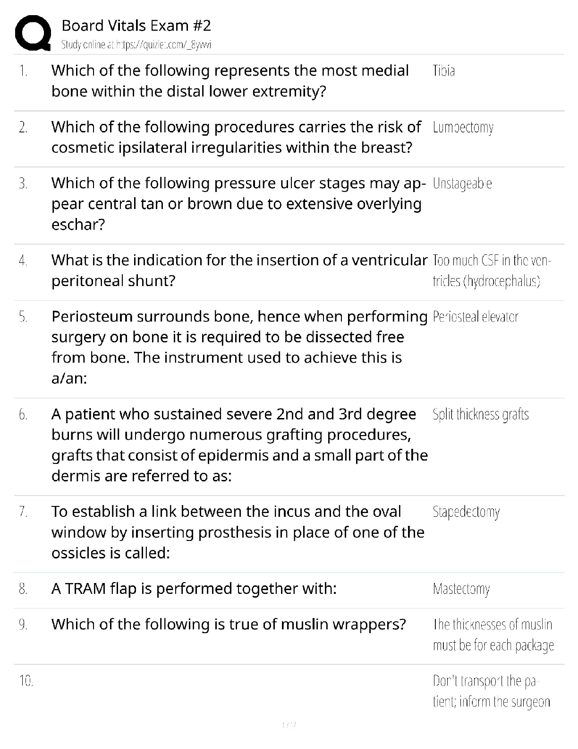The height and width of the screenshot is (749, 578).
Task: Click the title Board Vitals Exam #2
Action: click(x=136, y=26)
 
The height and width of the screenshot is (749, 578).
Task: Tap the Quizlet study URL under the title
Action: click(x=136, y=45)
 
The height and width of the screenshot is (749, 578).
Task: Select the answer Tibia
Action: click(x=443, y=71)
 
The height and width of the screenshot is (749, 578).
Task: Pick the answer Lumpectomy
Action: click(x=463, y=128)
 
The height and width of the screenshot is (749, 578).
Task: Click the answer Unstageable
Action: click(x=462, y=183)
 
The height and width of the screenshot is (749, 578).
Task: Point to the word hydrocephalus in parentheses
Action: click(x=501, y=281)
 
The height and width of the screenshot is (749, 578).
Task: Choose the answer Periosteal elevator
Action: click(x=475, y=317)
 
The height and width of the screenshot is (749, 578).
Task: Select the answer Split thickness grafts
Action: click(x=480, y=415)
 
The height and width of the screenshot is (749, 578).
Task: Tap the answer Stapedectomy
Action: click(x=466, y=512)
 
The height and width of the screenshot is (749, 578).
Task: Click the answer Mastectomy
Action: click(x=461, y=589)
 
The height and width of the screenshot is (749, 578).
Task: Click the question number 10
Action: click(x=25, y=681)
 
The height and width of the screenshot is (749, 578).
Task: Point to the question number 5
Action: click(x=23, y=317)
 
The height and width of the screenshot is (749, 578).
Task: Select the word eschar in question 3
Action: click(x=77, y=225)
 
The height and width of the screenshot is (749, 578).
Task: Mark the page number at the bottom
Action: click(x=289, y=724)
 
